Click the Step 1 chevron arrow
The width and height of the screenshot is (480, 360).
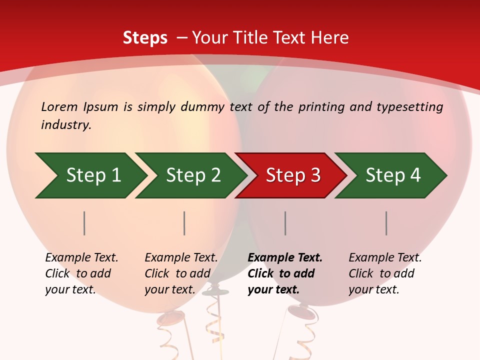[92, 175]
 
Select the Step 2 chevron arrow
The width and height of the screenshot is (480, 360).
[192, 175]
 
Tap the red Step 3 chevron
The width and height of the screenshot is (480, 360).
[292, 175]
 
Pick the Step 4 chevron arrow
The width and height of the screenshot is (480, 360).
[392, 175]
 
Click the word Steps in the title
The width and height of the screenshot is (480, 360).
[145, 38]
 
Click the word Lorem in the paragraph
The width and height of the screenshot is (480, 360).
[59, 107]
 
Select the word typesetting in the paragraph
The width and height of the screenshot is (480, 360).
[409, 107]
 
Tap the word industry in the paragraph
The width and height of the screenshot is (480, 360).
[66, 125]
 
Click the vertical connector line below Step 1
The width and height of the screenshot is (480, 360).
[84, 223]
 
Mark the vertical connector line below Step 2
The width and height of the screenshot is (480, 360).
[184, 223]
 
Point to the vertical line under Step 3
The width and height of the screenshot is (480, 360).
[285, 223]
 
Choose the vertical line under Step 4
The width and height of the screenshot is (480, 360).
[386, 223]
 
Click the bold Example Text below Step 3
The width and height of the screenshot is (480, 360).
[285, 258]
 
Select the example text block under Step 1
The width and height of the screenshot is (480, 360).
[81, 273]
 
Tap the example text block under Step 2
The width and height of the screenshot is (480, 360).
[181, 273]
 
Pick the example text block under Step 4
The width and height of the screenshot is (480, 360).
[385, 273]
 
